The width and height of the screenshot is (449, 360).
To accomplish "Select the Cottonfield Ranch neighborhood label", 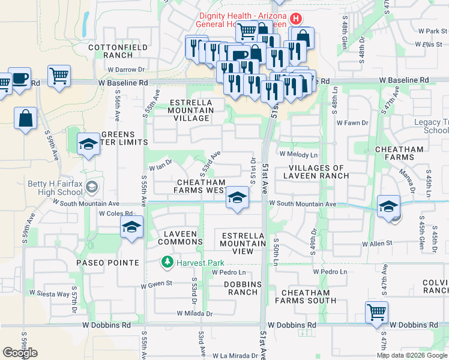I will pyautogui.click(x=109, y=50).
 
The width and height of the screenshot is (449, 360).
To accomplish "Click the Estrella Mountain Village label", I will pyautogui.click(x=191, y=110).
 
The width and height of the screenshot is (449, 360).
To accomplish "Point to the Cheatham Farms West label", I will pyautogui.click(x=200, y=186).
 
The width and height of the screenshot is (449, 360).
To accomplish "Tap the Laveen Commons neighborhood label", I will pyautogui.click(x=180, y=238).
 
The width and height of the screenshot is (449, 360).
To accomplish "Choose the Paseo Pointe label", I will pyautogui.click(x=107, y=263).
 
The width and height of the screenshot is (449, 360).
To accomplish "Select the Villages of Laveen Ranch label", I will pyautogui.click(x=318, y=172).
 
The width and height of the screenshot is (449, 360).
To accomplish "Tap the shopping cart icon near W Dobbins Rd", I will pyautogui.click(x=376, y=312).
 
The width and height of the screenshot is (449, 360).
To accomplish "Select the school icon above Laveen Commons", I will pyautogui.click(x=131, y=227).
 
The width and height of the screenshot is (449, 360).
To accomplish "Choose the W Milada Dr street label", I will pyautogui.click(x=194, y=313).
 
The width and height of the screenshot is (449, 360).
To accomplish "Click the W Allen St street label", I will pyautogui.click(x=377, y=244).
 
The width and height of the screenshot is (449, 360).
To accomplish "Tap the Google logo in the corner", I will pyautogui.click(x=20, y=353).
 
